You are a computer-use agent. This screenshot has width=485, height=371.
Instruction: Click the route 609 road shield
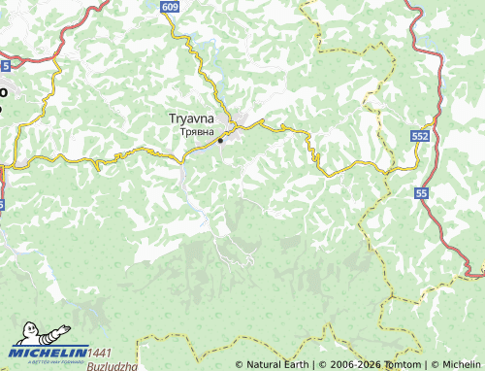click(x=171, y=7)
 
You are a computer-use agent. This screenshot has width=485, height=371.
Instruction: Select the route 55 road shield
click(x=422, y=195)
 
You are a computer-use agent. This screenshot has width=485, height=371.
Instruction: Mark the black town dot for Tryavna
click(x=221, y=141)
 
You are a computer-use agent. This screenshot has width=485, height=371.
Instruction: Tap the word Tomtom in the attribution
click(x=383, y=365)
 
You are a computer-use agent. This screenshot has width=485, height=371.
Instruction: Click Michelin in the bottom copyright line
click(x=460, y=365)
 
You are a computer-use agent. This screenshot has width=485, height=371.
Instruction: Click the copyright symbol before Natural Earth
click(x=240, y=365)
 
